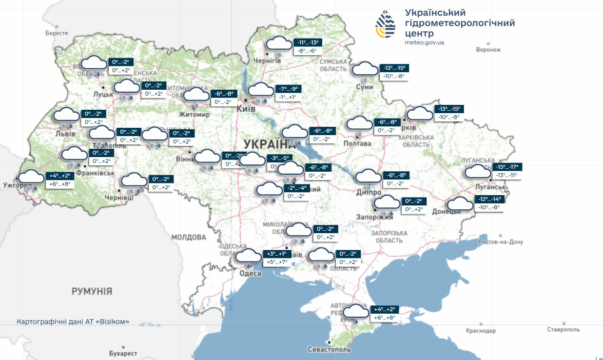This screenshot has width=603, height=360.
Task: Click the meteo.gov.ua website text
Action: tap(424, 42)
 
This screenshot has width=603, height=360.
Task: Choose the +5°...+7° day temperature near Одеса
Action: tap(277, 262)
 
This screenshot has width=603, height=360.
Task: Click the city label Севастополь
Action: tap(329, 350)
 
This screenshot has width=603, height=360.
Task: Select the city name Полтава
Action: tap(357, 143)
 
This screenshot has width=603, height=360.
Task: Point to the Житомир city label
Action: tap(195, 115)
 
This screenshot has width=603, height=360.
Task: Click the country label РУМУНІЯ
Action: tap(92, 292)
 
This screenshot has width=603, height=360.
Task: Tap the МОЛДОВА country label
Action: tap(189, 238)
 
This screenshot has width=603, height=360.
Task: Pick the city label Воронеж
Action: tap(488, 50)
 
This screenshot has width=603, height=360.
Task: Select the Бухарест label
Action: tap(123, 353)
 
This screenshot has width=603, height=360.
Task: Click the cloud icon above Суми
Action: tap(365, 69)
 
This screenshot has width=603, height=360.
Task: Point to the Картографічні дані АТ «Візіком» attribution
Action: tap(73, 322)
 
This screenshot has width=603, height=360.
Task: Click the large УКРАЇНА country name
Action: tap(266, 144)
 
